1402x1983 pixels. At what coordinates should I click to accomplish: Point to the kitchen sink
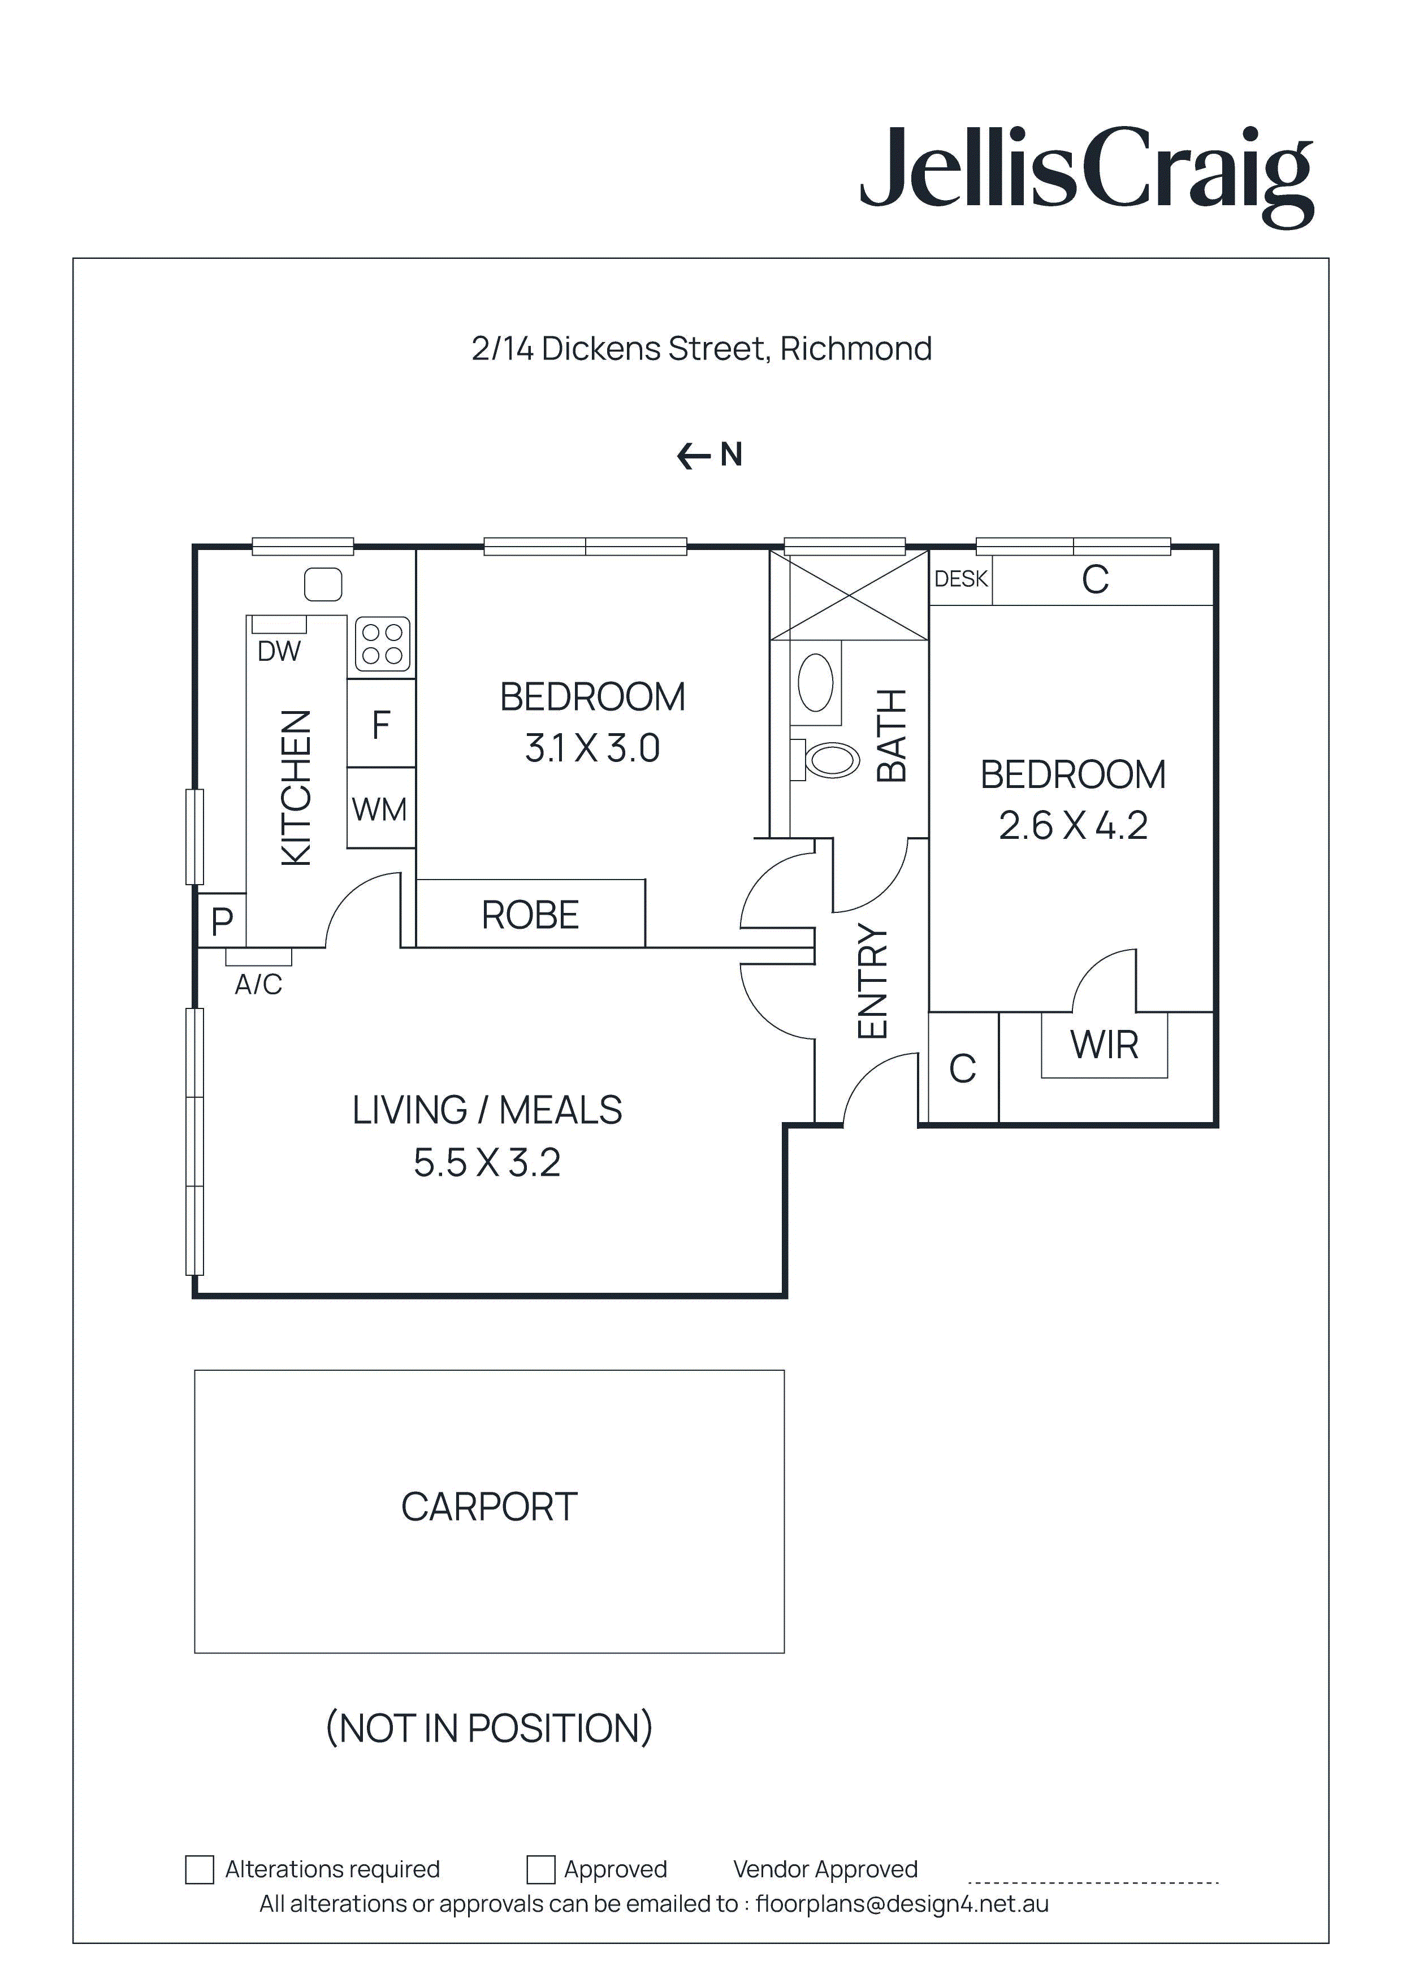coord(323,584)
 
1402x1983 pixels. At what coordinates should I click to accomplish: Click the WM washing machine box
coord(380,809)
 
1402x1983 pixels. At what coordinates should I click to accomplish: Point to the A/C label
coord(258,984)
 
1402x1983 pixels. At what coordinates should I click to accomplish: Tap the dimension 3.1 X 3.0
coord(592,748)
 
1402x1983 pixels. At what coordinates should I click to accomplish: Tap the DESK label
coord(960,579)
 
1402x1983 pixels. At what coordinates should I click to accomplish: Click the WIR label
coord(1104,1045)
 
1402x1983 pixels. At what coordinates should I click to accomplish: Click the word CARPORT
coord(489,1507)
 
